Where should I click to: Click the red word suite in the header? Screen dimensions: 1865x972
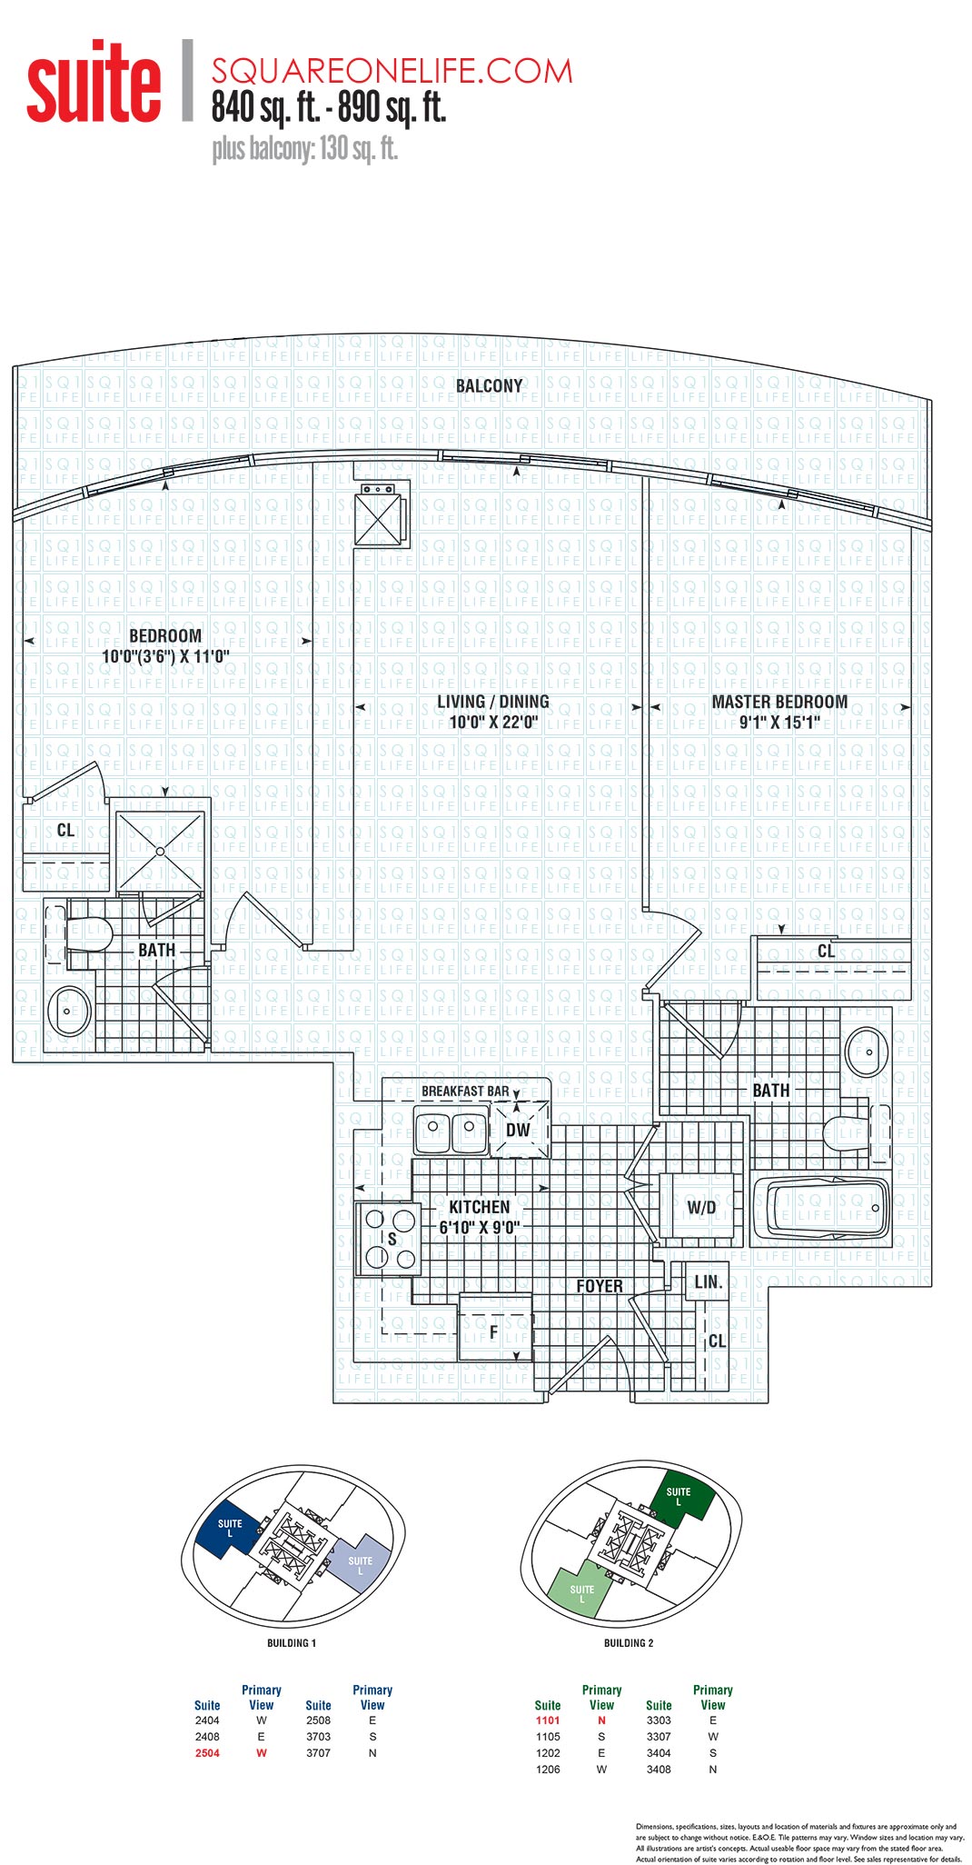click(x=94, y=84)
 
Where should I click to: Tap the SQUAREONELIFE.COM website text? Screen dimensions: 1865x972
click(x=392, y=71)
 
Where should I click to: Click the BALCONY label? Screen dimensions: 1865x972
click(x=489, y=386)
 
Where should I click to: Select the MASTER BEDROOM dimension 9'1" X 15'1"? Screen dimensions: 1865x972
click(x=779, y=723)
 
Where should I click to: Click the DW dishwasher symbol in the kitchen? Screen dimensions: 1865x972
click(x=519, y=1130)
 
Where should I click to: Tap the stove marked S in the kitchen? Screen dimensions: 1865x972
click(x=385, y=1238)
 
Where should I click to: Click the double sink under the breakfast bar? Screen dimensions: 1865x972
click(x=451, y=1131)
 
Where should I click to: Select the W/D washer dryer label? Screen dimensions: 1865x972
click(x=701, y=1208)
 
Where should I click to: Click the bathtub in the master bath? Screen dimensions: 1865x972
click(x=821, y=1209)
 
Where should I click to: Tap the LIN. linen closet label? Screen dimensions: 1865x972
click(x=708, y=1282)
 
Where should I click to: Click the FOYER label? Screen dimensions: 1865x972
click(x=600, y=1286)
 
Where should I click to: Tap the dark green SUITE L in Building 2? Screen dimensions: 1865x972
click(x=680, y=1495)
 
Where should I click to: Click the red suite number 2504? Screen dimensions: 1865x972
click(x=207, y=1753)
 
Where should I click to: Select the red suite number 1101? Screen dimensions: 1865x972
click(x=548, y=1720)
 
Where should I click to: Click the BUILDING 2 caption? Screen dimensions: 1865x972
click(x=629, y=1643)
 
